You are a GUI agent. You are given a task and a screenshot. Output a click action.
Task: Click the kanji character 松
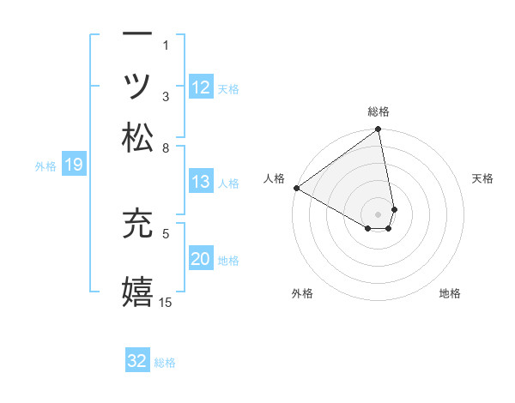137,137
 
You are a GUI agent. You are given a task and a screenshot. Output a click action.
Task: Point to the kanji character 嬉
137,291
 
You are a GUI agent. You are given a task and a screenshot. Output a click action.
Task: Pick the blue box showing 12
200,87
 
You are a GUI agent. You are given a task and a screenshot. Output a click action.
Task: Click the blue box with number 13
200,182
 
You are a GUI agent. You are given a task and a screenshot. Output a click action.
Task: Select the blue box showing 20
200,259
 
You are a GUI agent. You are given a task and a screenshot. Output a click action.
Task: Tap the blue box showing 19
73,165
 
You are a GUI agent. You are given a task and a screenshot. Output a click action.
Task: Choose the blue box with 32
137,361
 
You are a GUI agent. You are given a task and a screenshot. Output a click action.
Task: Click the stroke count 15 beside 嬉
166,302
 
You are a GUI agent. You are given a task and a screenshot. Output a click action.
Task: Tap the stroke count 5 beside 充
166,232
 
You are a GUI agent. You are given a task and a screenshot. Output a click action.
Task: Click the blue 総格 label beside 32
165,363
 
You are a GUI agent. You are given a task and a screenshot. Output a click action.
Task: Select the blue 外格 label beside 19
45,166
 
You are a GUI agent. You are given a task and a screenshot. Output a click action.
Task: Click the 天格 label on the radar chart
482,178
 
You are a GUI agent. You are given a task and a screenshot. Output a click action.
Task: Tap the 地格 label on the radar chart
450,293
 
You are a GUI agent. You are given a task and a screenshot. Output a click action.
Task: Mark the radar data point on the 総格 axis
378,130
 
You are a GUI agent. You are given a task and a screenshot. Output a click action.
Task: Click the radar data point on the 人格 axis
296,188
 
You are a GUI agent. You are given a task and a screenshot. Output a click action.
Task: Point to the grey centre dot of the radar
378,214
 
